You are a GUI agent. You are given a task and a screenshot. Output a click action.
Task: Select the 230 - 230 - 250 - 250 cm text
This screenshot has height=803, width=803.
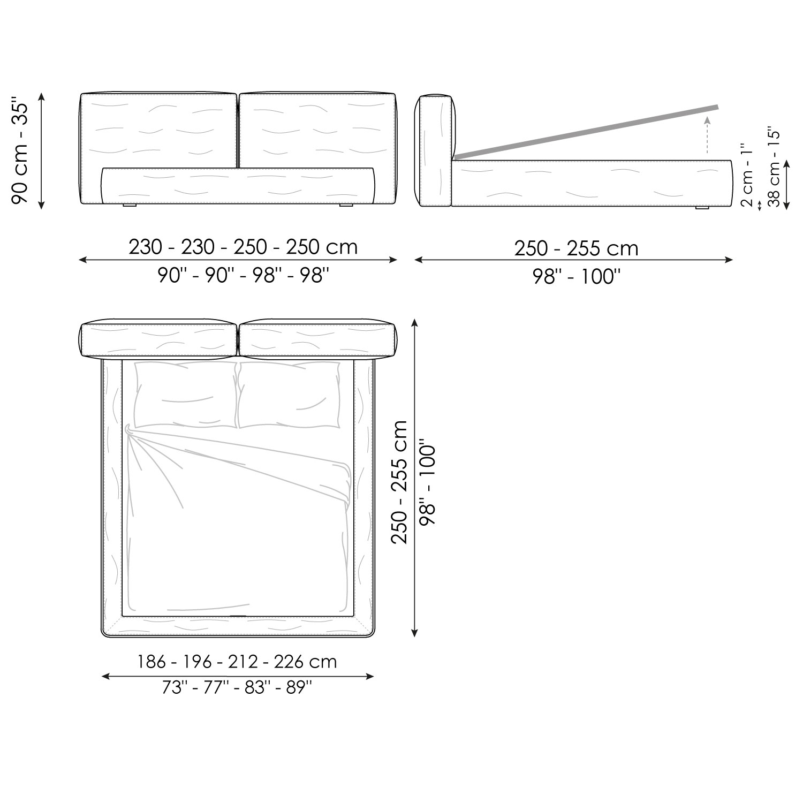pyautogui.click(x=243, y=247)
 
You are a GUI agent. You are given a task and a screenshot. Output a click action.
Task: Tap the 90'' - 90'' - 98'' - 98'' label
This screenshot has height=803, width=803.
pyautogui.click(x=243, y=275)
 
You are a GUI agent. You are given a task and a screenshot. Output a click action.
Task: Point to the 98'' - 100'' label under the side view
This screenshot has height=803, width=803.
pyautogui.click(x=576, y=277)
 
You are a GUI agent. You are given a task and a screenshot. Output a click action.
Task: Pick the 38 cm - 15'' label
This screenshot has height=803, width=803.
pyautogui.click(x=773, y=167)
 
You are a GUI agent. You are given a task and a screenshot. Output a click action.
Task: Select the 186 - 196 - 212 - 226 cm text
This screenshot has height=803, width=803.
pyautogui.click(x=237, y=662)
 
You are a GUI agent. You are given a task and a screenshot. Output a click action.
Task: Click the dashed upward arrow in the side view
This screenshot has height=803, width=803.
pyautogui.click(x=708, y=134)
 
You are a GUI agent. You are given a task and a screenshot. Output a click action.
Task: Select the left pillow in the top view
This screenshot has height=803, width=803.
pyautogui.click(x=185, y=395)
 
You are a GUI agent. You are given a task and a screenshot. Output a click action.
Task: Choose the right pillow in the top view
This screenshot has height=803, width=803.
pyautogui.click(x=289, y=395)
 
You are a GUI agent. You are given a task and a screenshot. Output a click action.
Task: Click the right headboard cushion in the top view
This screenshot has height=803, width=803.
pyautogui.click(x=318, y=339)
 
